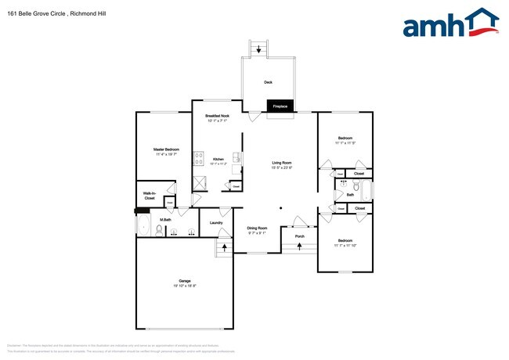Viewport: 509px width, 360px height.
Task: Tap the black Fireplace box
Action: pyautogui.click(x=280, y=106)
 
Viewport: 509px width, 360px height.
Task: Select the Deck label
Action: pyautogui.click(x=268, y=81)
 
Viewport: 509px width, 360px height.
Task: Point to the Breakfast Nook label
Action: pyautogui.click(x=217, y=116)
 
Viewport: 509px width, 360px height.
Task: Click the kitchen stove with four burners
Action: pyautogui.click(x=199, y=162)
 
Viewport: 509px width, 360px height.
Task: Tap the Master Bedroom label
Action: pyautogui.click(x=167, y=149)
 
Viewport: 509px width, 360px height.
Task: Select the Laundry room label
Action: pyautogui.click(x=216, y=222)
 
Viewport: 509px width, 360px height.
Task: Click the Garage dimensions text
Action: pyautogui.click(x=185, y=286)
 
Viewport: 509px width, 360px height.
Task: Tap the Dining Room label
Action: pyautogui.click(x=258, y=228)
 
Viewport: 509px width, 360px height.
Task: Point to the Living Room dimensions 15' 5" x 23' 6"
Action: pyautogui.click(x=281, y=167)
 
